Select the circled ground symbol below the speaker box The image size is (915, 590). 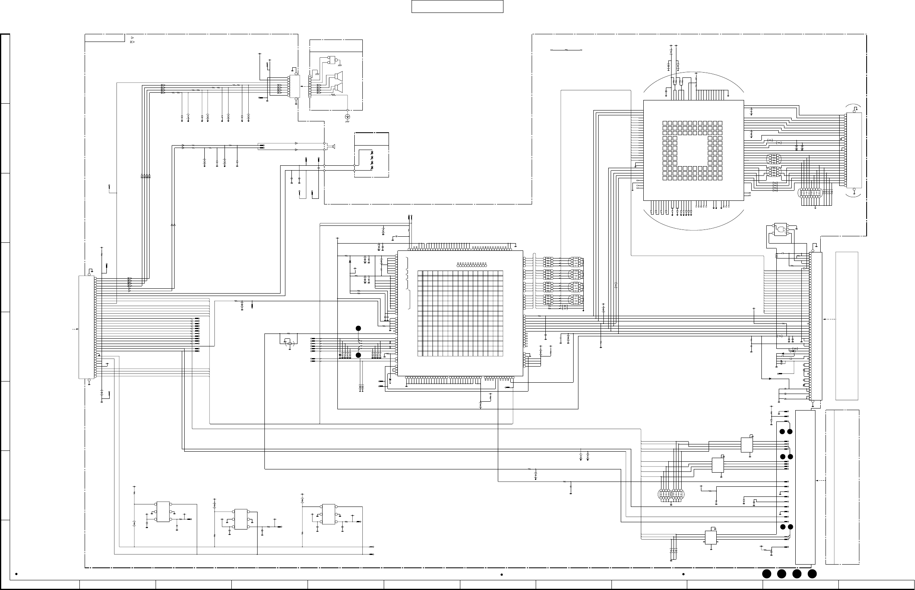point(347,117)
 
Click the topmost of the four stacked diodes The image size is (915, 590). point(372,152)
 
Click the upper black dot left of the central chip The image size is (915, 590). point(358,328)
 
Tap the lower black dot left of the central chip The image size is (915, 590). point(358,355)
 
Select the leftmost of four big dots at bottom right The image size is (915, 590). point(766,574)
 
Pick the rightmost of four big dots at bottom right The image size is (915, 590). point(812,574)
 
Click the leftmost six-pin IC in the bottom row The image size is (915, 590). point(163,512)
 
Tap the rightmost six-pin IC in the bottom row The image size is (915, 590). point(329,514)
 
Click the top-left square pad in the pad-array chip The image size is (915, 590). point(665,123)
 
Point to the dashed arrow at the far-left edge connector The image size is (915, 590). point(74,329)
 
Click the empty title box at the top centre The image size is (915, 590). point(457,6)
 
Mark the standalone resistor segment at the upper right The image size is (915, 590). point(566,50)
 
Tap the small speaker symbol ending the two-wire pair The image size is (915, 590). point(333,146)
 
